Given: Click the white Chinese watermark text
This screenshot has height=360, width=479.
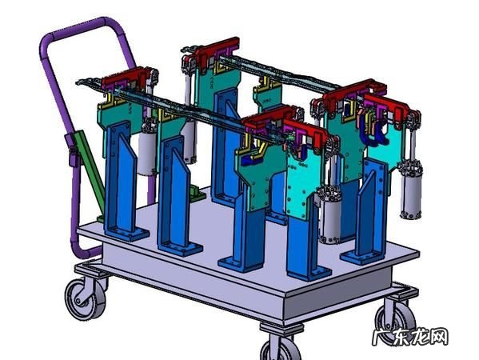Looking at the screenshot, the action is point(410,337).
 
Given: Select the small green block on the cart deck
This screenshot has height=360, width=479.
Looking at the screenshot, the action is point(195,193).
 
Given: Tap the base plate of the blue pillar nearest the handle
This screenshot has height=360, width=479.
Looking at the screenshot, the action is point(127,234).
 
